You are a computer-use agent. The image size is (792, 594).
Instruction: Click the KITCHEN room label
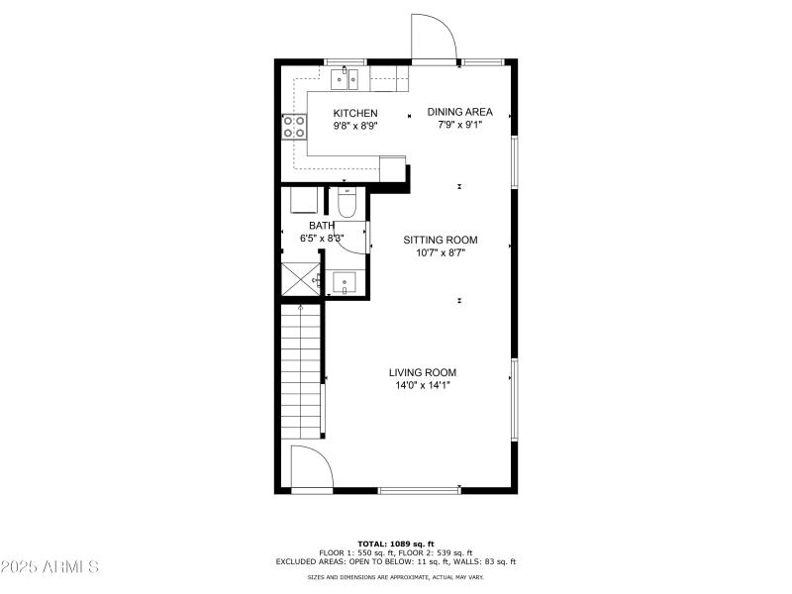pos(355,113)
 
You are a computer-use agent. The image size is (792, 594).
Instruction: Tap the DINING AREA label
pos(459,112)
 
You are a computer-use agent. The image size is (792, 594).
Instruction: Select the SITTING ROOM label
pos(441,240)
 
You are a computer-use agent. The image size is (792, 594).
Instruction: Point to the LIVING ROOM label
pos(423,372)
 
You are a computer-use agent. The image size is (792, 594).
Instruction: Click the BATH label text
pos(321,226)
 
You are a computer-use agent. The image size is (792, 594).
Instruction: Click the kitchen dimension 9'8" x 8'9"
pos(355,126)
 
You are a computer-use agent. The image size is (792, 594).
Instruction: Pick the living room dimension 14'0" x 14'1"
pos(423,385)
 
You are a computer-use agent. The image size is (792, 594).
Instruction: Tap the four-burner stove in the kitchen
pos(294,126)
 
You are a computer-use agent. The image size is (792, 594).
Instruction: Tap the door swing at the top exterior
pos(433,38)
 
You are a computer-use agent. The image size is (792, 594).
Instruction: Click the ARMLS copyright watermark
pos(49,567)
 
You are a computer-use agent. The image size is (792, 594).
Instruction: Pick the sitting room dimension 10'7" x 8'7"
pos(441,252)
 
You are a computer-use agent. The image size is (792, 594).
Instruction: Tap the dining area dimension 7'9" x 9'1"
pos(459,125)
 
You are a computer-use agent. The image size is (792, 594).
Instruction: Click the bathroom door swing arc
pos(354,242)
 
